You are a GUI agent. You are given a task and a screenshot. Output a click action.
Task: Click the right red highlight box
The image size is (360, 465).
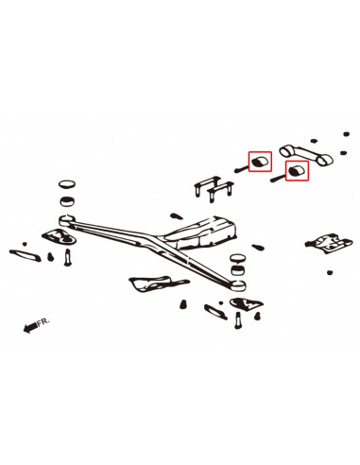point(297,171)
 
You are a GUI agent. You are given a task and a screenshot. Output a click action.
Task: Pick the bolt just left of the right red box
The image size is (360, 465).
point(277,175)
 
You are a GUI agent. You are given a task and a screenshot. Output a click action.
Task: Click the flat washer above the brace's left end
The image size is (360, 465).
point(67,182)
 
